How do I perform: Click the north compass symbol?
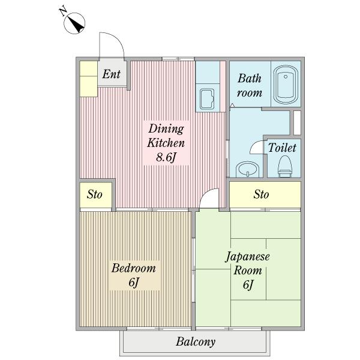pos(74,23)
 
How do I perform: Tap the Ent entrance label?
pos(112,74)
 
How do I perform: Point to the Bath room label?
pos(250,85)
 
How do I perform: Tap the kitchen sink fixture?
pos(207,99)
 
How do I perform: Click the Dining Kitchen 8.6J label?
pos(166,143)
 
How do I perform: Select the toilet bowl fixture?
pos(285,166)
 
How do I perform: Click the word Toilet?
pos(282,148)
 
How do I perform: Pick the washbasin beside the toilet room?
pos(247,169)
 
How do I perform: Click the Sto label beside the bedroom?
pos(94,194)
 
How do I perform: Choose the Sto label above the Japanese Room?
pos(261,194)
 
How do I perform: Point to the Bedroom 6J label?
pos(134,275)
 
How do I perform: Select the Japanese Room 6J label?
pos(248,271)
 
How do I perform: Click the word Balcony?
pos(196,342)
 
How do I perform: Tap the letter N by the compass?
pos(62,11)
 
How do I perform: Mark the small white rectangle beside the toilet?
pos(297,123)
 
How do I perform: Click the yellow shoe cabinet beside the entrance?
pos(88,79)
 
